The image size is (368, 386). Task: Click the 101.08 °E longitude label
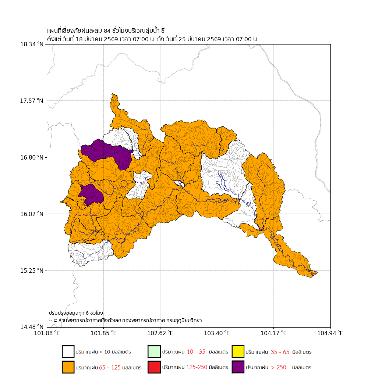47,333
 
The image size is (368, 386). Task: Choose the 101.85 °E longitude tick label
103,333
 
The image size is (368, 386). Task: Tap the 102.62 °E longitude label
160,333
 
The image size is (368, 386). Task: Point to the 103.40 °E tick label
217,333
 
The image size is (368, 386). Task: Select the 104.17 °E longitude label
273,333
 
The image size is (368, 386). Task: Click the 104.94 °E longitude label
330,333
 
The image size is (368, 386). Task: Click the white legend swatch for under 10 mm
68,352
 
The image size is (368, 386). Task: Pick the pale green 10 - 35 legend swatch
154,352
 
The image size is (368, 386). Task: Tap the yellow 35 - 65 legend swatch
238,352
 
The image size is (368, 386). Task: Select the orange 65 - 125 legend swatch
68,367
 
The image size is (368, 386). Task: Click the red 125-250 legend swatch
154,367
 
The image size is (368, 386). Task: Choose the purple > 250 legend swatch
238,367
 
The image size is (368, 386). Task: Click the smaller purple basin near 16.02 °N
91,194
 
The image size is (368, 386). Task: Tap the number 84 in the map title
107,31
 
